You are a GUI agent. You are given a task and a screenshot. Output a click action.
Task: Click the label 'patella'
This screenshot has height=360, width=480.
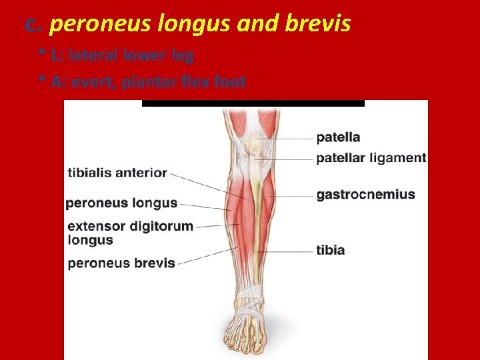(338, 137)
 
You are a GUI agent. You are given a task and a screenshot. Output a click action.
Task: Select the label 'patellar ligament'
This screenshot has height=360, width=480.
(371, 158)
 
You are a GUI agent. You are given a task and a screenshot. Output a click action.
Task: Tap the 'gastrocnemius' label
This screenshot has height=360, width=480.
(365, 195)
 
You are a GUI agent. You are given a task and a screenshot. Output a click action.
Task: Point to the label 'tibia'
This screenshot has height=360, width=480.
(330, 250)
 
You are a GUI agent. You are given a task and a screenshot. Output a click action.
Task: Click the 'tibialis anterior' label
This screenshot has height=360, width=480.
(117, 173)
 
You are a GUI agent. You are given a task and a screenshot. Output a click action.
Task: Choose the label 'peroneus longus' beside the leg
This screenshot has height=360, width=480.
(121, 203)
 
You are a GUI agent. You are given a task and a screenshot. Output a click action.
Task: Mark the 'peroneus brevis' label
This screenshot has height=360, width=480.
(121, 263)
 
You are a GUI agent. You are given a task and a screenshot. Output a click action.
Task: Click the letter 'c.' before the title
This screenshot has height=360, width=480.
(33, 25)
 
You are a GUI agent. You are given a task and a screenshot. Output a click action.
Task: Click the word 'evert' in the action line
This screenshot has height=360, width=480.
(90, 83)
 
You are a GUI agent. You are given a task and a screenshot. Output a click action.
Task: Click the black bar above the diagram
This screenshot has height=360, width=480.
(253, 103)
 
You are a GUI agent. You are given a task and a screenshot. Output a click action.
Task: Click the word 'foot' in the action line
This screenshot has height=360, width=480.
(230, 83)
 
